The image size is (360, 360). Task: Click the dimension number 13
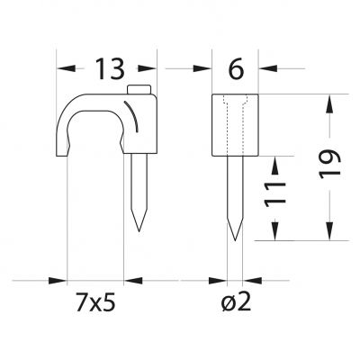click(x=110, y=69)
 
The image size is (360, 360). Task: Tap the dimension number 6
click(x=237, y=69)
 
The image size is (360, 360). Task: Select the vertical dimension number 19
click(x=329, y=165)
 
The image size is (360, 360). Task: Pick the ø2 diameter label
click(x=236, y=304)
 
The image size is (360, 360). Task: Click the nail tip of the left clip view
click(x=139, y=230)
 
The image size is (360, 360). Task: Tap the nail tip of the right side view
click(x=235, y=239)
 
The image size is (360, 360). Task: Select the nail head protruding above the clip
click(x=139, y=89)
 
